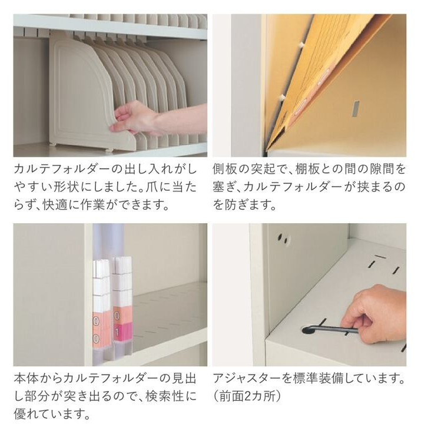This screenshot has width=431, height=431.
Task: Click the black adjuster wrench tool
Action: (330, 329)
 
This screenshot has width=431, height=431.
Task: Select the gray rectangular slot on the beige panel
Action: (356, 108)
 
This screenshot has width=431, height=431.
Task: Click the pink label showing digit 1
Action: (118, 333)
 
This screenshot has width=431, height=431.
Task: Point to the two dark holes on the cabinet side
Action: (284, 238)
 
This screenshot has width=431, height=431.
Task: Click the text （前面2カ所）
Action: (247, 397)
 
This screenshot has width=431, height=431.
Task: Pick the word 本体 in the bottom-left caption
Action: (26, 379)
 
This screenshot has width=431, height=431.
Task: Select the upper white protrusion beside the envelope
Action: (303, 44)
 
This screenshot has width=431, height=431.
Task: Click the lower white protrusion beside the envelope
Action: (281, 97)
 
